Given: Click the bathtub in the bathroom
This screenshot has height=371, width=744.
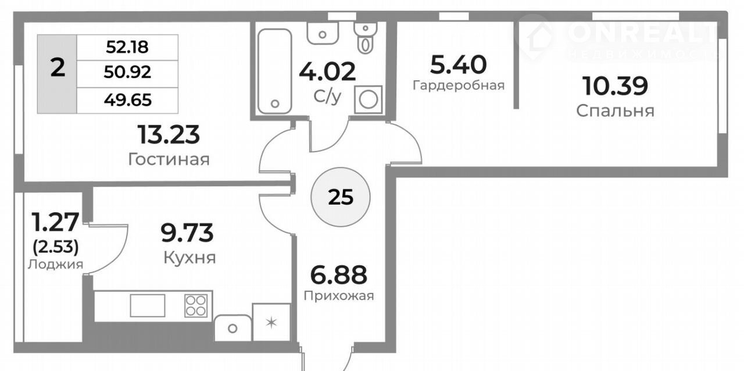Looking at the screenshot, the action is [x=275, y=71].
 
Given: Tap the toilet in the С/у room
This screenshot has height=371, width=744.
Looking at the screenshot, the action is [x=366, y=38].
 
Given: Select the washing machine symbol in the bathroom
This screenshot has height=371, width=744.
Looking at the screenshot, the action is [x=369, y=99].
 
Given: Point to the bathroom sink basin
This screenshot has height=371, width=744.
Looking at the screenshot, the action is [x=323, y=33].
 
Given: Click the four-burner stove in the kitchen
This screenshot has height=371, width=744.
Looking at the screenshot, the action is [x=196, y=305].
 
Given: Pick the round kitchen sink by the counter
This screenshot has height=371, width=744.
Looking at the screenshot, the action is [x=233, y=328].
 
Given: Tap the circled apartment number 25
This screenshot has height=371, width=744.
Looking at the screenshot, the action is [x=341, y=197].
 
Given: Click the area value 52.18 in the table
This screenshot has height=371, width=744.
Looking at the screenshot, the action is [x=127, y=47].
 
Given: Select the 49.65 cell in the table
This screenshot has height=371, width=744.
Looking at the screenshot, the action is [x=128, y=100].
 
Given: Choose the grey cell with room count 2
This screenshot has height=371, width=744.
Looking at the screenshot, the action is [x=57, y=74].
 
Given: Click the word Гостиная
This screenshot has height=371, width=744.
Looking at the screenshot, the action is [x=169, y=159].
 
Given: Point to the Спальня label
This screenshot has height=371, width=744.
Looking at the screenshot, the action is [x=615, y=111].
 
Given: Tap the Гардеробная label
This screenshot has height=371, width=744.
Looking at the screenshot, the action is [x=459, y=85].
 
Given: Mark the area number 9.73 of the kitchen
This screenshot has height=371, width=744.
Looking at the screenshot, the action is [x=187, y=233].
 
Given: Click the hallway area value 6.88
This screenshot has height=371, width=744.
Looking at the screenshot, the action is [x=339, y=275].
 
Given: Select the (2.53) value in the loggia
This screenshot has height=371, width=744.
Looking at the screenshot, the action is [x=56, y=247].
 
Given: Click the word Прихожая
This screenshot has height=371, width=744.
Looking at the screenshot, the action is [x=339, y=295].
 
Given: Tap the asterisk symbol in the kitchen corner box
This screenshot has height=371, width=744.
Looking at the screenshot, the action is [x=271, y=323].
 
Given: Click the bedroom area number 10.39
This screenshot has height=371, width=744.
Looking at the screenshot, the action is [x=615, y=86].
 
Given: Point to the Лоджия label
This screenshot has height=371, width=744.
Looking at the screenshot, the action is [x=55, y=265].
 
